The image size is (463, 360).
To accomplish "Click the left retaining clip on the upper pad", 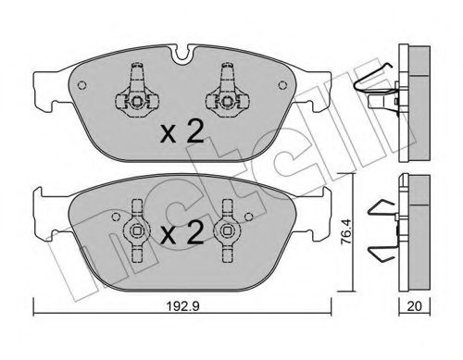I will tap(135, 93).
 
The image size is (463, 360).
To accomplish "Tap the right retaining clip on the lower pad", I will tap(225, 229).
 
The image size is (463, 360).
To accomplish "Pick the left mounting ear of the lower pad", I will tap(42, 199).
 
